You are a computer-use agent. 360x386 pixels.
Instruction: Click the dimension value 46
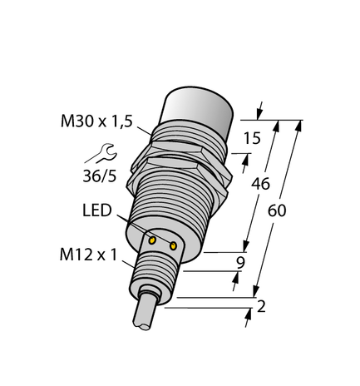point(259,184)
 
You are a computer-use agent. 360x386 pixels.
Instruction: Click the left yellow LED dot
point(153,240)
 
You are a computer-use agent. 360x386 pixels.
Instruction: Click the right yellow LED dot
point(174,245)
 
